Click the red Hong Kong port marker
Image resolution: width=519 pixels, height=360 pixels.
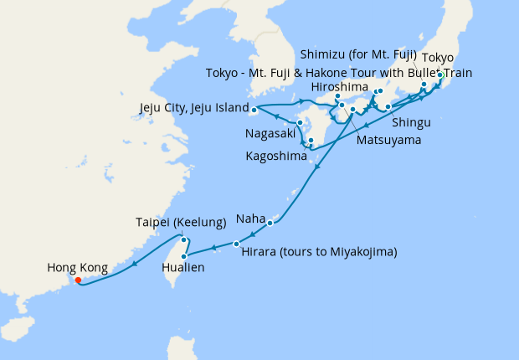pyautogui.click(x=78, y=280)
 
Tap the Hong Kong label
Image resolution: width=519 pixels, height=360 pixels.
pyautogui.click(x=77, y=268)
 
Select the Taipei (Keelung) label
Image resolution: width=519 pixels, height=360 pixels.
pyautogui.click(x=181, y=223)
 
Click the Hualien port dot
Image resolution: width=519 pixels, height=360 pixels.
pyautogui.click(x=183, y=255)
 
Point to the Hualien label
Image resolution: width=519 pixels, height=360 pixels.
pyautogui.click(x=182, y=269)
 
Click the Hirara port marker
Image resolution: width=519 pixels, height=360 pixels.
pyautogui.click(x=236, y=244)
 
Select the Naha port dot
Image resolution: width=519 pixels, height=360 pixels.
pyautogui.click(x=270, y=223)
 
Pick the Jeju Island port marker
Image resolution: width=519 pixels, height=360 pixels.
pyautogui.click(x=254, y=109)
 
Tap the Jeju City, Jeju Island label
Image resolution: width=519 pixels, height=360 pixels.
pyautogui.click(x=193, y=108)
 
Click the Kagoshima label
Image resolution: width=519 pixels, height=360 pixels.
pyautogui.click(x=276, y=156)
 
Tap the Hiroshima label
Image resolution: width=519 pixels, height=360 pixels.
pyautogui.click(x=337, y=86)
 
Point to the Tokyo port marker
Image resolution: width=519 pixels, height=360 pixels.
pyautogui.click(x=440, y=75)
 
